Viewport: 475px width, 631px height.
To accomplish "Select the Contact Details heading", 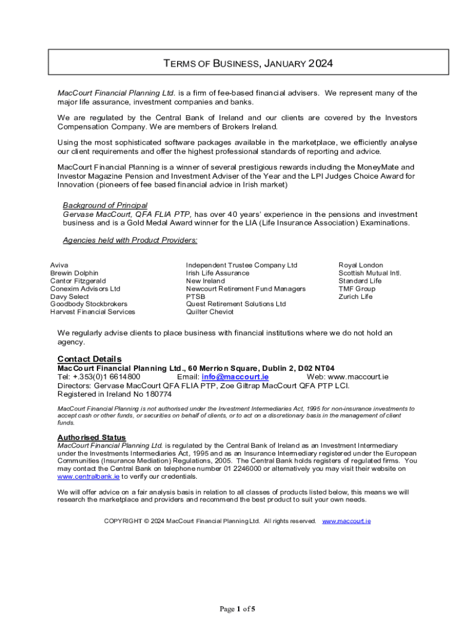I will (x=89, y=359).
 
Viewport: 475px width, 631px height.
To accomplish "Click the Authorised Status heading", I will (x=91, y=438).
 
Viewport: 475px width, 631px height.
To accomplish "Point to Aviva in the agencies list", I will (x=59, y=265).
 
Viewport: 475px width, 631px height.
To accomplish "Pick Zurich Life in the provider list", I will (x=355, y=296).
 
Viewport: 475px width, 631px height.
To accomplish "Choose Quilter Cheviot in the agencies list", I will (x=210, y=312).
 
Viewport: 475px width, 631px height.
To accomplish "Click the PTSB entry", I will (x=196, y=296).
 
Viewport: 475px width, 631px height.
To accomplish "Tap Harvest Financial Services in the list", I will (x=93, y=312).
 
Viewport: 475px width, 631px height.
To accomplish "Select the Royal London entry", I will (x=361, y=265).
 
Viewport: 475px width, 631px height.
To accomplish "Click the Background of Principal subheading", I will (x=105, y=205).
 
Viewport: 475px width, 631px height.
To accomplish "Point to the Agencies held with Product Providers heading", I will (x=130, y=240).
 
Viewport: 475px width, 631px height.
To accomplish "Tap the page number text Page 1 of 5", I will (x=238, y=609).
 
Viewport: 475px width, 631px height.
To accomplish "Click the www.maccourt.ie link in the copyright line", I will (x=347, y=521).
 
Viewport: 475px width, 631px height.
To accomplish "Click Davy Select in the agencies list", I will (x=69, y=296).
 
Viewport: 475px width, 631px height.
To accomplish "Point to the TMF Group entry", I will (x=357, y=288).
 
